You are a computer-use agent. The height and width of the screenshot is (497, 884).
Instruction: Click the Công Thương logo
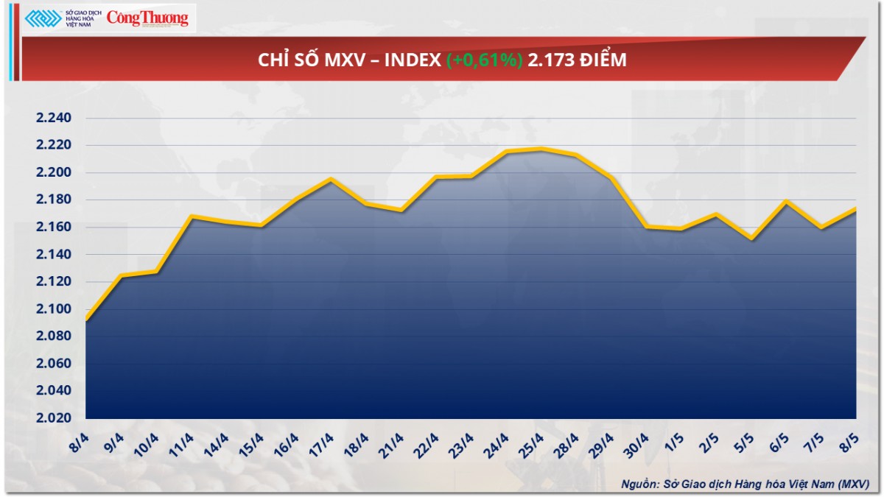coord(147,18)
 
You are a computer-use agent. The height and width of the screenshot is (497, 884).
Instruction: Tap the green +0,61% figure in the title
coord(484,60)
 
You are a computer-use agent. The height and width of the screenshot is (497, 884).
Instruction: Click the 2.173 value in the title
coord(550,60)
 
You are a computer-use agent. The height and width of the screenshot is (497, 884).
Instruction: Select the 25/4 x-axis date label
coord(531,445)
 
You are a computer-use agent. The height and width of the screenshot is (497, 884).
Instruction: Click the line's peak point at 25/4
coord(541,149)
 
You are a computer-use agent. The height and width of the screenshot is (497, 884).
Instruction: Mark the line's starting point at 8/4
coord(86,320)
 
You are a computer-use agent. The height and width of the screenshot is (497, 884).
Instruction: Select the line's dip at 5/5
coord(751,239)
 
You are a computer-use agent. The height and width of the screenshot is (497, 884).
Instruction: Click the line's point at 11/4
coord(192,216)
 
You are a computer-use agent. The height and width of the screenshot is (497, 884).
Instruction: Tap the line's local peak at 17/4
coord(331,179)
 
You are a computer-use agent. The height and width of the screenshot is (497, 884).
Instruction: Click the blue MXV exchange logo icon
coord(43,18)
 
